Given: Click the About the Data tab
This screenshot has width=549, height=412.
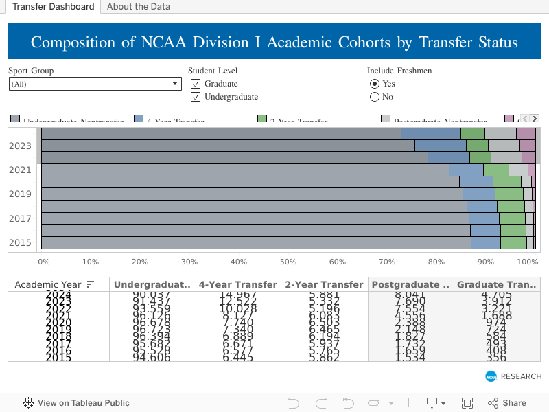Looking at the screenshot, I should point(139,7).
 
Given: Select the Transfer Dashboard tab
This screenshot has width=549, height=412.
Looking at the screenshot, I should point(53,7).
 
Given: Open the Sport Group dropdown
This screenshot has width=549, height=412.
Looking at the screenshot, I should point(95,84).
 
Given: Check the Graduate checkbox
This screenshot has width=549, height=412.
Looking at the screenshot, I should point(196,84).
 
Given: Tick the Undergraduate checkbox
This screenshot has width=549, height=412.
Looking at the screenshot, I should point(196,97).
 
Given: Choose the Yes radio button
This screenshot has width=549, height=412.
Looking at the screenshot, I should point(375,84).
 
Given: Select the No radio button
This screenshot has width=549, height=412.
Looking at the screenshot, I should point(375,97).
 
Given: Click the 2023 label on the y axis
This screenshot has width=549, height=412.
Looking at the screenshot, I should point(20,146).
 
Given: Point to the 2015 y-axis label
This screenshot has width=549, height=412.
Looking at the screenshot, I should point(20,242).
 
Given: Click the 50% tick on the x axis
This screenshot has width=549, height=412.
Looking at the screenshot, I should point(288,262).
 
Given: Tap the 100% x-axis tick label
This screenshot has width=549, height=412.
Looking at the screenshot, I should point(527,262).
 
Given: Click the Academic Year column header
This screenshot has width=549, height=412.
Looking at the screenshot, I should point(48,284).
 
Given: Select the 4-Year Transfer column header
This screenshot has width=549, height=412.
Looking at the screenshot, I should point(237,284).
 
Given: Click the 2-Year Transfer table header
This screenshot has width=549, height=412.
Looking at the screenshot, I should point(324,284).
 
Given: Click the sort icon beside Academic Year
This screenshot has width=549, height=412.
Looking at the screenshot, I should point(90,284).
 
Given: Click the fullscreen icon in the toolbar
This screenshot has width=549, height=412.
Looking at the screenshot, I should point(467,403).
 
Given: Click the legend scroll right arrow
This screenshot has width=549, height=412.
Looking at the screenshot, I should point(535,119).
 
